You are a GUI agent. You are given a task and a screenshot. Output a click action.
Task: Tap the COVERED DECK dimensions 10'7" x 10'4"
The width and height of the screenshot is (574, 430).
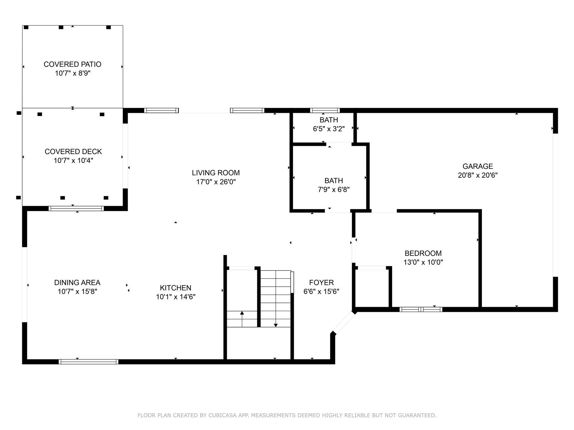[x=74, y=160]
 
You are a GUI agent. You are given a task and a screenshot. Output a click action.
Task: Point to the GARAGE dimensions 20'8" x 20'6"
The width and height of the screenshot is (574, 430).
[x=477, y=175]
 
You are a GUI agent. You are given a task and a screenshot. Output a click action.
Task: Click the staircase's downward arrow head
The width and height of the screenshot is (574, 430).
[x=276, y=325]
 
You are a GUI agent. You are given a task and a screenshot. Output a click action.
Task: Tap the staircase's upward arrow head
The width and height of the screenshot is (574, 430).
[x=242, y=313]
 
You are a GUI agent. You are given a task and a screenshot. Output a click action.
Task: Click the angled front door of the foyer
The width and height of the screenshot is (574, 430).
[x=344, y=323]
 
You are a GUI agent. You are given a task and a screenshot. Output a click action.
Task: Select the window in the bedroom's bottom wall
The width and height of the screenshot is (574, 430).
[x=421, y=310]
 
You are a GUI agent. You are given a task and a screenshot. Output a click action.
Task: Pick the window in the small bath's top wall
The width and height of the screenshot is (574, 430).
[x=325, y=110]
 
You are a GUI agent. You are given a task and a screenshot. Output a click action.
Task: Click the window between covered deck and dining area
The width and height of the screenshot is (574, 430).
[x=76, y=208]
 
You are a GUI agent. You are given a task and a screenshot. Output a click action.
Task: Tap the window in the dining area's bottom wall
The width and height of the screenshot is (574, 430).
[x=88, y=362]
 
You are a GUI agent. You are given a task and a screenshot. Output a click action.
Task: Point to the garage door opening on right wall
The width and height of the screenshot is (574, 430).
[x=555, y=205]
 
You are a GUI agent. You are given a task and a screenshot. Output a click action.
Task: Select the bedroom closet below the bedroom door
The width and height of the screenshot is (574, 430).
[x=372, y=287]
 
